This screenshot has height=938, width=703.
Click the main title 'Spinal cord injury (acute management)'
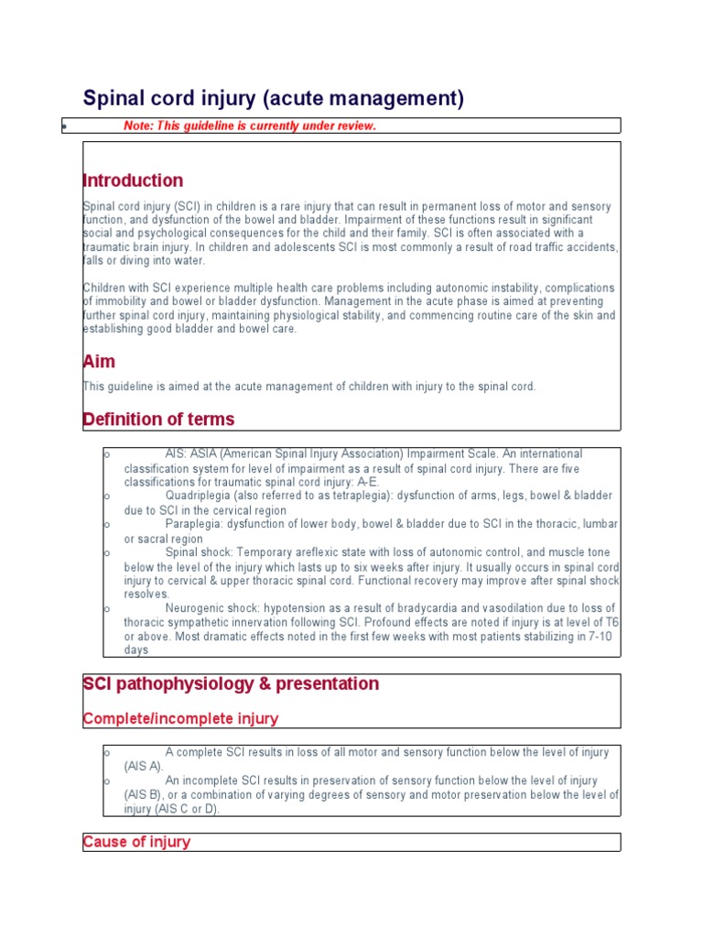click(x=274, y=98)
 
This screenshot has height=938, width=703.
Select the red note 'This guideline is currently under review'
click(x=249, y=125)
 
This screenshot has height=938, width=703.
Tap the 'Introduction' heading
click(x=133, y=180)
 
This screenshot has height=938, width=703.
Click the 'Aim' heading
click(x=99, y=362)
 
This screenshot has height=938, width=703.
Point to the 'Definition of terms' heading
click(x=158, y=420)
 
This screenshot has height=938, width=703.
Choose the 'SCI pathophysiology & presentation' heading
click(x=231, y=684)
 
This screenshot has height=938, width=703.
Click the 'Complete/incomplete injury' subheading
click(x=180, y=718)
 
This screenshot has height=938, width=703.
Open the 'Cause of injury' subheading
click(x=136, y=842)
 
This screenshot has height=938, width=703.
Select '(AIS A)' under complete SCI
click(x=144, y=766)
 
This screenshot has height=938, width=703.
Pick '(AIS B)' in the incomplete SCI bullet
click(x=144, y=795)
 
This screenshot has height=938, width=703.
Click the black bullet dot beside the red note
click(x=64, y=125)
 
